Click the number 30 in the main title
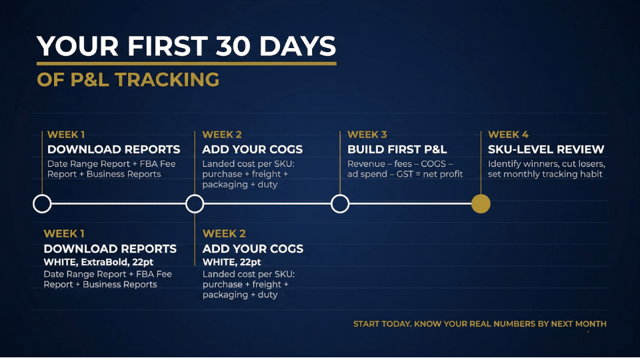click(233, 46)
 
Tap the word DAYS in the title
click(297, 46)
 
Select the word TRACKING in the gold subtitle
click(168, 79)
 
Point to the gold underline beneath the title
click(187, 64)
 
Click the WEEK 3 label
click(367, 135)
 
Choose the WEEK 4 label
click(508, 135)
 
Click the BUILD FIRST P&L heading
click(397, 149)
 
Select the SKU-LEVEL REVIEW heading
click(546, 149)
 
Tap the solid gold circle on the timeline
click(481, 204)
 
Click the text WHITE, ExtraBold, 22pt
click(99, 262)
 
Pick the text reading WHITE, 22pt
click(231, 262)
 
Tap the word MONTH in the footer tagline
click(591, 324)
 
